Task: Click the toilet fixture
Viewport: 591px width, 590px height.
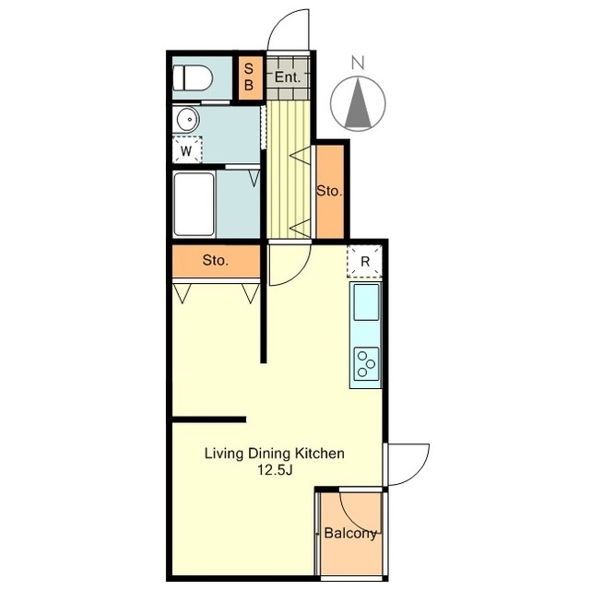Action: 192,78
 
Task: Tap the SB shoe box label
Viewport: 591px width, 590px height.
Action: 248,77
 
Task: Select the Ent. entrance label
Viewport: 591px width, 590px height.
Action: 288,77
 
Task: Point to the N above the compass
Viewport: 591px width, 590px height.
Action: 358,63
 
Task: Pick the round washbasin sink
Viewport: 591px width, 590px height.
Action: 187,120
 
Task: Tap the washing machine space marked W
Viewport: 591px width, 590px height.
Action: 186,149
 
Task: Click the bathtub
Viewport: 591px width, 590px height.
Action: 195,205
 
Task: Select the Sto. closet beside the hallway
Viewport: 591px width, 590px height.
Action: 329,192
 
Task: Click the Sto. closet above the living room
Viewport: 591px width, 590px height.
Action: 216,260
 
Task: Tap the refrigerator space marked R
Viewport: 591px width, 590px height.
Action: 364,261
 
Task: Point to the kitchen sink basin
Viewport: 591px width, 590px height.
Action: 366,302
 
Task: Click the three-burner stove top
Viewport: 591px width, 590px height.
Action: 366,363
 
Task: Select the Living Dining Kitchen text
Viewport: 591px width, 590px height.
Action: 275,454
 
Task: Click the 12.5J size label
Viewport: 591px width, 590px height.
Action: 275,470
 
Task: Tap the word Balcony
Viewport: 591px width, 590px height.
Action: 350,533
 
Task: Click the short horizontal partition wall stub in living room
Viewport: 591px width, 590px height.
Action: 209,419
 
